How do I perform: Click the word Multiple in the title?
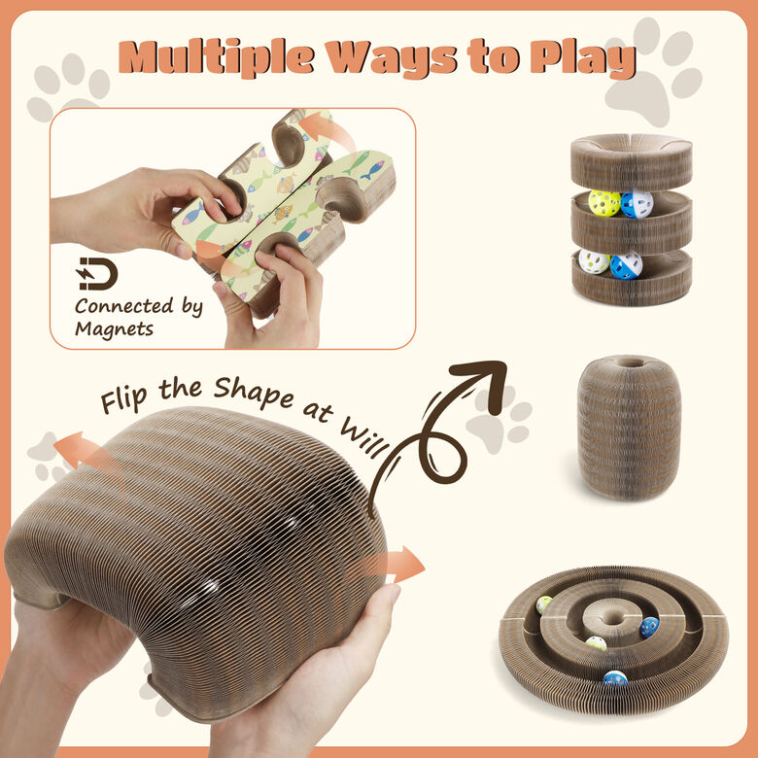pos(216,57)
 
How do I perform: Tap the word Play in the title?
pos(582,59)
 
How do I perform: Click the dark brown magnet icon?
pos(97,274)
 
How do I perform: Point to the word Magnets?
pos(114,328)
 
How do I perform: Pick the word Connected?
pos(124,305)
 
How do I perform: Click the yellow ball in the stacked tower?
pos(604,203)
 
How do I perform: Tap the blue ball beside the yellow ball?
pos(637,204)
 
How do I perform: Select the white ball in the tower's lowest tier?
pos(594,261)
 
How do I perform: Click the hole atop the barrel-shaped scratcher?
pos(629,362)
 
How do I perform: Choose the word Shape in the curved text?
pos(254,393)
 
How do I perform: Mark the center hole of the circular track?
pos(613,618)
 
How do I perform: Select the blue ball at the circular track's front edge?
pos(615,678)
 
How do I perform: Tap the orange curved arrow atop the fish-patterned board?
pos(326,130)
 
